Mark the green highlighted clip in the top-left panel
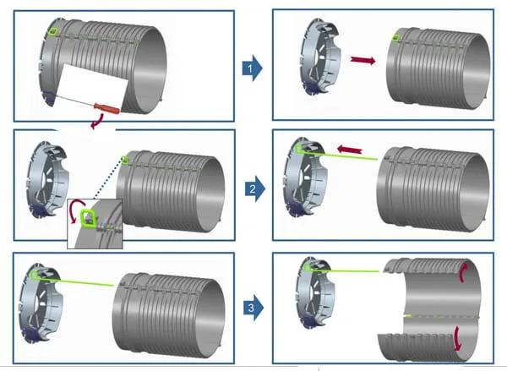[53, 31]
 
